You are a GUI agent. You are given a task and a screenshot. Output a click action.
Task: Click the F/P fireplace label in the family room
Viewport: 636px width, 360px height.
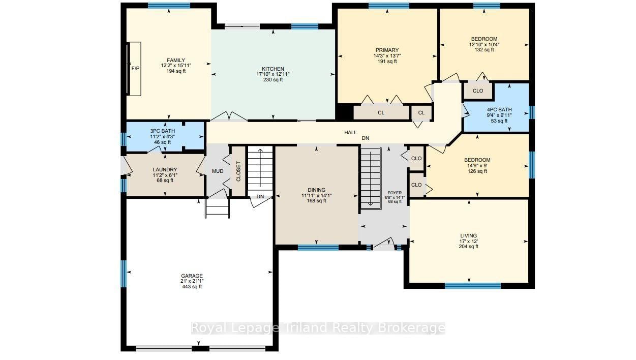coord(135,69)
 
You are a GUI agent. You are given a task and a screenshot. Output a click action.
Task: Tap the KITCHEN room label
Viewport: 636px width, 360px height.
coord(273,69)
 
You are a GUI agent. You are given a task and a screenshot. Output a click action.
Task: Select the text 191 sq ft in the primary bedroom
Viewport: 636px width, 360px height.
coord(387,62)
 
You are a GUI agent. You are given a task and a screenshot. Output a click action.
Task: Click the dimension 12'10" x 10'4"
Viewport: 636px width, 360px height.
coord(484,44)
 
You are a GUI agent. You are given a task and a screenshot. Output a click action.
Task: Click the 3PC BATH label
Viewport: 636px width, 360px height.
coord(162,131)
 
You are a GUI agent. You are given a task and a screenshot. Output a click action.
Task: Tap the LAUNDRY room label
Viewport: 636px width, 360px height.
coord(165,169)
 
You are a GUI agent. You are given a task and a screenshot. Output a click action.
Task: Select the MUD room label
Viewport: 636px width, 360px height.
coord(218,171)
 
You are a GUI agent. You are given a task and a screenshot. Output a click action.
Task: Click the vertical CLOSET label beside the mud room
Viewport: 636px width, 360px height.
coord(238,171)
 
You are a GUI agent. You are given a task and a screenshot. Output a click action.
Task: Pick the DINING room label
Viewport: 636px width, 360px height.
coord(317,190)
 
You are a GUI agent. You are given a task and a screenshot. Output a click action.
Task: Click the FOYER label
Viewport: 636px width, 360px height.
coord(395,193)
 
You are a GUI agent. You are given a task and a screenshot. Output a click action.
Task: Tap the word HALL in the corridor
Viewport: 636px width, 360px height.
coord(350,132)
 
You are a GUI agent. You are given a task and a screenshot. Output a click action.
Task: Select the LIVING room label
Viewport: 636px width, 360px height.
coord(468,235)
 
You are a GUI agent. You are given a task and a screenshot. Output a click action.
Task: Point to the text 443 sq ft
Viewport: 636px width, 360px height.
coord(192,286)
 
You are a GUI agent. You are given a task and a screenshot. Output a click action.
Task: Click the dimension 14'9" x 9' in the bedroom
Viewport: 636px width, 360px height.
coord(477,166)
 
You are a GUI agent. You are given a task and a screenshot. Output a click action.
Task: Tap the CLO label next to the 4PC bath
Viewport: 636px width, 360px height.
coord(478,91)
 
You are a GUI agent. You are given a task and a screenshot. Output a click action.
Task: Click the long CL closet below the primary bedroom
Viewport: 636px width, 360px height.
coord(381,113)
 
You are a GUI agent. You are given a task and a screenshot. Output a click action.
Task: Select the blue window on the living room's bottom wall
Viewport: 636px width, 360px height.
coord(472,286)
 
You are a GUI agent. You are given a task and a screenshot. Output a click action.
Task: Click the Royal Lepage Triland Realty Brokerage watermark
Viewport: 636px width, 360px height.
coord(318,328)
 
